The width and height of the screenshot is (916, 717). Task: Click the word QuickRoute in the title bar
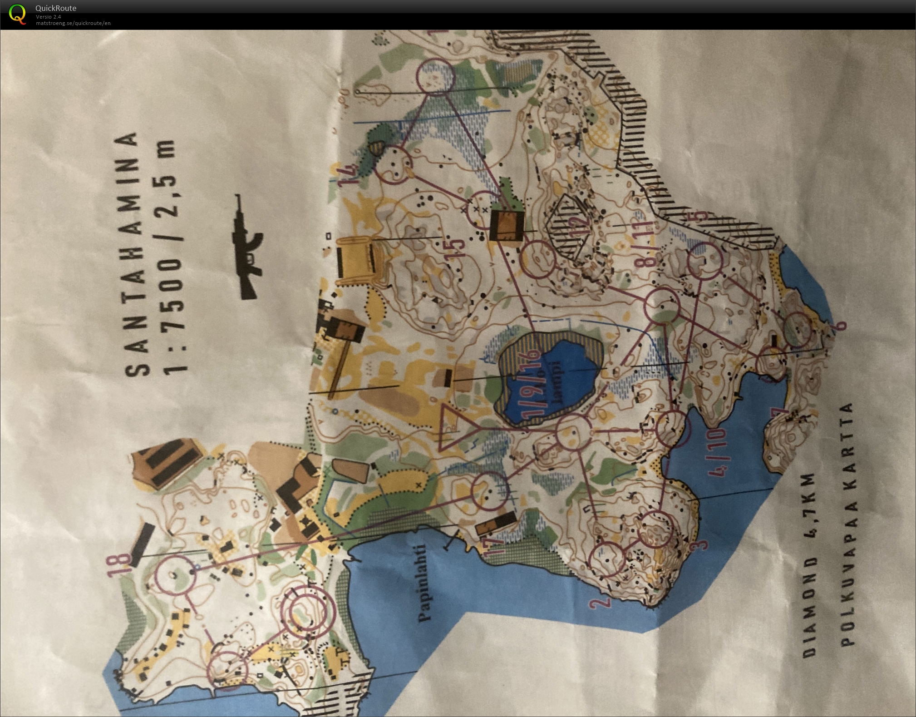(56, 8)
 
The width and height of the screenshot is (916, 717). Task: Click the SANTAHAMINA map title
(132, 254)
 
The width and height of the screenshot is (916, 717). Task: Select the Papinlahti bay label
(426, 583)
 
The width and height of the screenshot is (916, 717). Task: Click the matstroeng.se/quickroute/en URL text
(73, 23)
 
